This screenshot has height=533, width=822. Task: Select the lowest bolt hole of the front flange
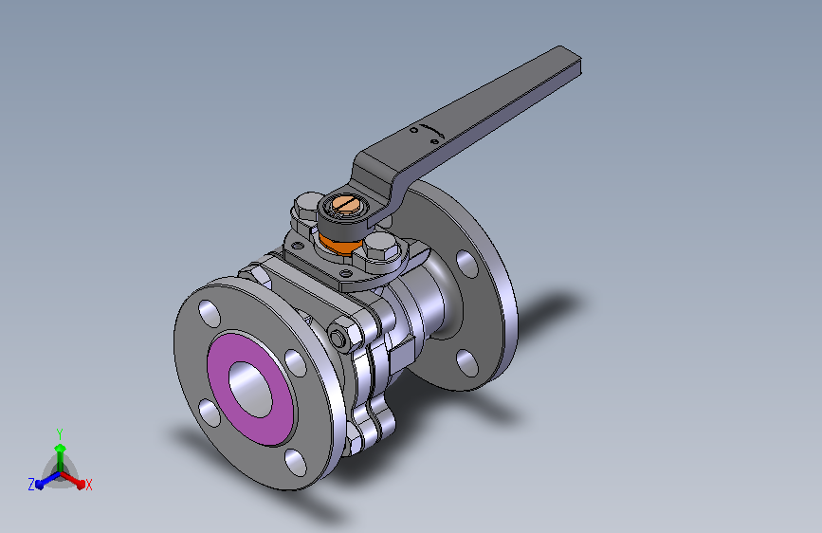click(296, 462)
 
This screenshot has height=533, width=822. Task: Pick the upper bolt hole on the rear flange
click(466, 263)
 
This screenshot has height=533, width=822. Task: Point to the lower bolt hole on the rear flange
click(465, 360)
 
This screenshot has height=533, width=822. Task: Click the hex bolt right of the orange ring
click(377, 251)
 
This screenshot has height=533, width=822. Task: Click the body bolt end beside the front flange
click(339, 338)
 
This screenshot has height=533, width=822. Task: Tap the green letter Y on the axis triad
click(60, 432)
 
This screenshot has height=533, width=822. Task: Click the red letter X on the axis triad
click(88, 486)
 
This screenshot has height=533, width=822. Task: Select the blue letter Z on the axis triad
click(31, 485)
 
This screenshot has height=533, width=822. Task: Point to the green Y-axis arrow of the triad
click(60, 450)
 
